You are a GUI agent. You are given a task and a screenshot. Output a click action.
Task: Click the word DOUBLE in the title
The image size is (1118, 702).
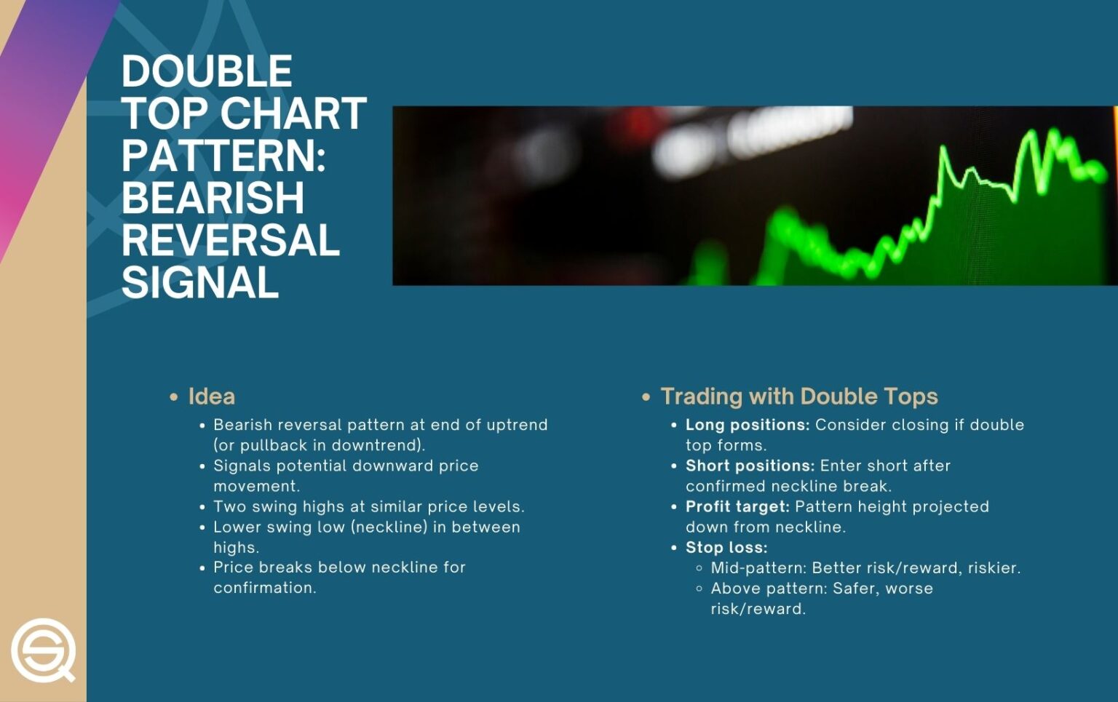coord(207,71)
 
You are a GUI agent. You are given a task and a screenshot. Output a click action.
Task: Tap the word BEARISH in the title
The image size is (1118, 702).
coord(213,198)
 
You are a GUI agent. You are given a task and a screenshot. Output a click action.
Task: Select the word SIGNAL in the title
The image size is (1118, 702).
coord(200,282)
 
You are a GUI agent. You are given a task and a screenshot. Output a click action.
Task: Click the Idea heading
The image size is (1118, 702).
coord(211,396)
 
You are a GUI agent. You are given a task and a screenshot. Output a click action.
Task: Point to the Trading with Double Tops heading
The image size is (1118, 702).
coord(798,396)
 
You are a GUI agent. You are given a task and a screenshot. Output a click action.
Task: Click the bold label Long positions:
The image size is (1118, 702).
coord(747,425)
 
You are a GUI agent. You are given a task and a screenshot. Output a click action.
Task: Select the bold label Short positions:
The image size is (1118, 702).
coord(750,466)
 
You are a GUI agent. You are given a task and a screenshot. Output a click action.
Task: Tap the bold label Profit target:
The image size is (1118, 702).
coord(737,506)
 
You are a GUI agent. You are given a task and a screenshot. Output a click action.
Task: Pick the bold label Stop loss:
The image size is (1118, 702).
coord(726,548)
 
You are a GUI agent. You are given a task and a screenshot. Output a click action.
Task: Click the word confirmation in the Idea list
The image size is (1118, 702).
coord(264,588)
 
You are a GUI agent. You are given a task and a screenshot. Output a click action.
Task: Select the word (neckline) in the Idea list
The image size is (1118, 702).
coord(389,527)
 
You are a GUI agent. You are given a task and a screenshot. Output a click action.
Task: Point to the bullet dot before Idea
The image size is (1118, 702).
coord(174,397)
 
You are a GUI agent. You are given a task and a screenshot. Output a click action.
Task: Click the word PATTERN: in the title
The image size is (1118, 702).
coord(223,156)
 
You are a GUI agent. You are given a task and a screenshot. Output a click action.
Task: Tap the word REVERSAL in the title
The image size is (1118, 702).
coord(231,240)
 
